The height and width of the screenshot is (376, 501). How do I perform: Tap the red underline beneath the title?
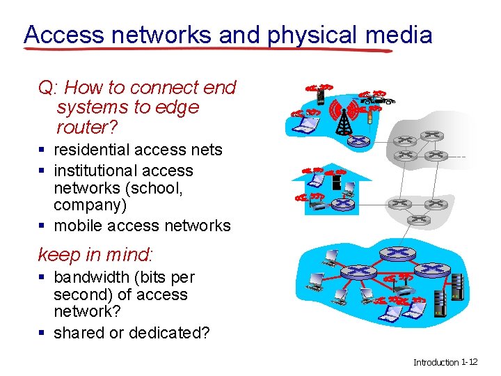[x=209, y=50]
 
